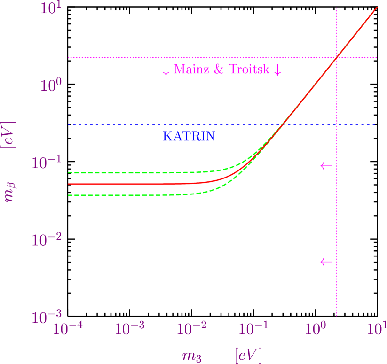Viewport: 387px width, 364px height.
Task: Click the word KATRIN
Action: click(x=189, y=137)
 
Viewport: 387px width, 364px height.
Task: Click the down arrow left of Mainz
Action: click(x=166, y=70)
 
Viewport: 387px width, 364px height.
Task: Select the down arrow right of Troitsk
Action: click(x=277, y=70)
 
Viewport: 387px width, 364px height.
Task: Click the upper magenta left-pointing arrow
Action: click(x=326, y=166)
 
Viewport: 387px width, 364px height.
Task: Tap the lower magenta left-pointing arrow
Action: click(x=326, y=262)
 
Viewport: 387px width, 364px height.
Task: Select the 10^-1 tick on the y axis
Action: click(x=47, y=163)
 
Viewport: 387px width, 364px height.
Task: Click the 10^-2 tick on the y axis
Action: click(x=47, y=240)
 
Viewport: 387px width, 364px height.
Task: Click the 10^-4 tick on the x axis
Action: click(x=67, y=329)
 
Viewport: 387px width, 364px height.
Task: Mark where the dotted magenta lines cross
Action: click(x=337, y=58)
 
